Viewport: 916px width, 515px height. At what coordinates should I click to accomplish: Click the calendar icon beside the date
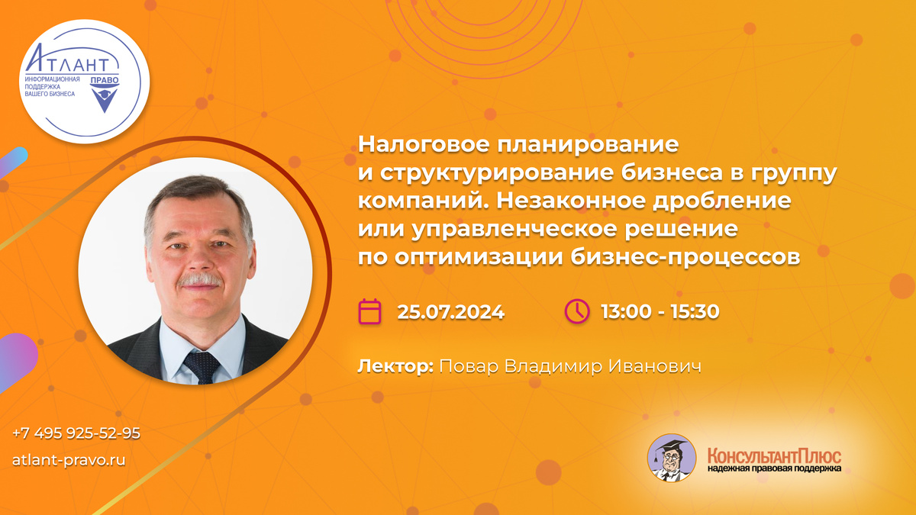click(369, 311)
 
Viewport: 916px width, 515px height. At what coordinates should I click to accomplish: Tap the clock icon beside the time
click(577, 311)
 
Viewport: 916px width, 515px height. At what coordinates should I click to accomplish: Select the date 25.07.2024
click(450, 312)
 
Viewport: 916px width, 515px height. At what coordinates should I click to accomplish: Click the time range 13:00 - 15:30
click(660, 311)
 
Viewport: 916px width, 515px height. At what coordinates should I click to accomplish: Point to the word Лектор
click(395, 366)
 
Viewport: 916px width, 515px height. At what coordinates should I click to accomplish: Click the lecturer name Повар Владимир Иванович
click(570, 366)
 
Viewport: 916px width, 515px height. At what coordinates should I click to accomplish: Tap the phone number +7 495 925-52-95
click(76, 433)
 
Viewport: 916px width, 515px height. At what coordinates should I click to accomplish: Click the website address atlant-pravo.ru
click(69, 460)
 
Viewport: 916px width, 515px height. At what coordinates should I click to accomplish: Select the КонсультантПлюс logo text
click(774, 456)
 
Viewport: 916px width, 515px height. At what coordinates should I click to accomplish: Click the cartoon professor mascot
click(672, 458)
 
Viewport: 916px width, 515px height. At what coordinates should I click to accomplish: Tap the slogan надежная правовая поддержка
click(774, 468)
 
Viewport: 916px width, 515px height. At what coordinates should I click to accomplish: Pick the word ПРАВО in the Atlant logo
click(105, 80)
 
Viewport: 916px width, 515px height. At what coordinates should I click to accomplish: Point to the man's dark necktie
click(202, 367)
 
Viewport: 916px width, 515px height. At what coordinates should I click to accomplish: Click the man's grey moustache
click(200, 281)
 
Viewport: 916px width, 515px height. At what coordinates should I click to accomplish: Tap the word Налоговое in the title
click(424, 144)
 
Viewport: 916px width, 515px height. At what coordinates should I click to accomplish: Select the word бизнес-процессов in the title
click(685, 256)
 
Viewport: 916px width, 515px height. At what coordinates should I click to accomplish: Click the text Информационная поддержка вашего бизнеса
click(53, 86)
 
